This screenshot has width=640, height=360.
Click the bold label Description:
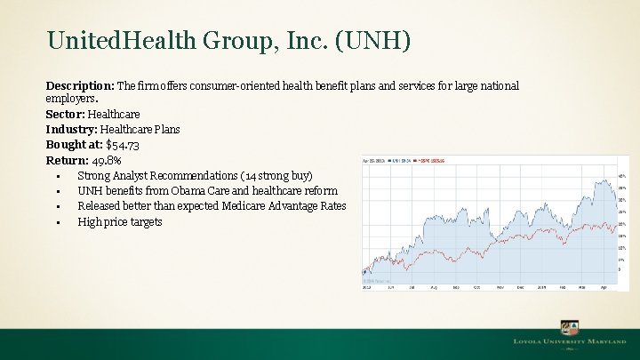coord(79,85)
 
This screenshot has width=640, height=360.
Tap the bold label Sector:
coord(65,115)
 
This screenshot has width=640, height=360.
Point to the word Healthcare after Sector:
coord(114,115)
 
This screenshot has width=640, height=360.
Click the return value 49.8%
coord(107,161)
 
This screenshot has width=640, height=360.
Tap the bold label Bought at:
coord(74,145)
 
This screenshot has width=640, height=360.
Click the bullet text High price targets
coord(120,221)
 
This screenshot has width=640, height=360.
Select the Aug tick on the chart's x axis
coord(433,288)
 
